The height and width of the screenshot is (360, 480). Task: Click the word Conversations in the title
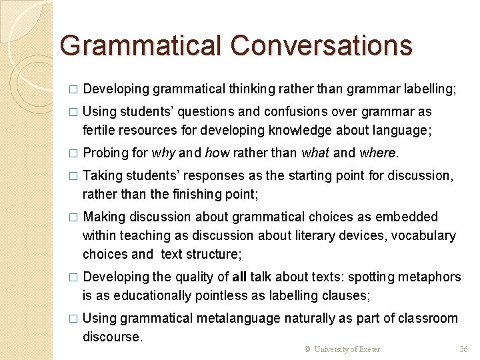pos(322,45)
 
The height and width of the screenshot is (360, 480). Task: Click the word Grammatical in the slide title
pos(141,45)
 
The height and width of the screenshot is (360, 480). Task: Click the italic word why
pos(163,153)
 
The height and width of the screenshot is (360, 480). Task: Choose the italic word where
pos(377,153)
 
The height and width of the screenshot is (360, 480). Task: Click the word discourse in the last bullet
pos(112,337)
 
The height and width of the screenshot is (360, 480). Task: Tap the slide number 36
pos(464,349)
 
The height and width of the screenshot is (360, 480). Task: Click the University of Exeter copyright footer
pos(342,349)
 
